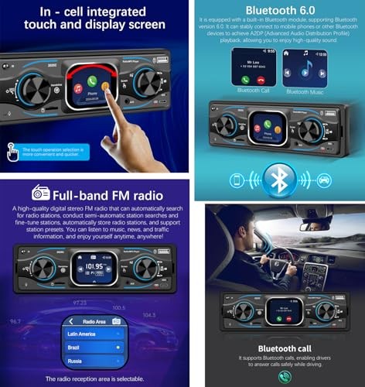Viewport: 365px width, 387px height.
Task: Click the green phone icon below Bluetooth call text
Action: pos(285,377)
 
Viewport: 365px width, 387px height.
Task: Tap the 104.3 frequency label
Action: pos(149,316)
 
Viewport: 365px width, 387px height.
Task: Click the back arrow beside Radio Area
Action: pos(70,320)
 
